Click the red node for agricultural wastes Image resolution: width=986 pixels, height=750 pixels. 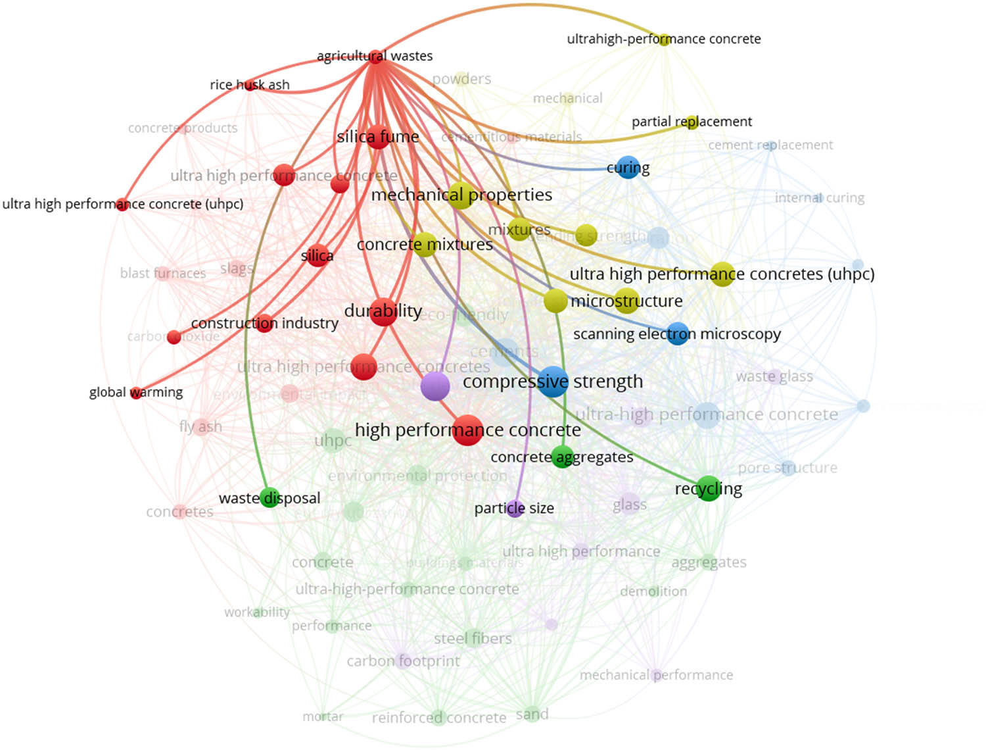tap(375, 57)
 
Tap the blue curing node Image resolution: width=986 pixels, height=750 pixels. tap(628, 168)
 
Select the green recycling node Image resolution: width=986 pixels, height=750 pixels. tap(708, 489)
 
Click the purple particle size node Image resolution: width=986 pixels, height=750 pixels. tap(515, 509)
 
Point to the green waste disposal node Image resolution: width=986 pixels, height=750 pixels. tap(270, 497)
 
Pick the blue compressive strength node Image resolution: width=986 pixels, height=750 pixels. tap(553, 382)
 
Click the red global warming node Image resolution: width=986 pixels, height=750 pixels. tap(136, 393)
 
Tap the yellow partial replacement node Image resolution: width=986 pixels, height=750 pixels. tap(692, 122)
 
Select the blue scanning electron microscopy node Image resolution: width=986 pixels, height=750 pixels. tap(678, 334)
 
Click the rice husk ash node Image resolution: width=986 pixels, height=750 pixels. tap(250, 85)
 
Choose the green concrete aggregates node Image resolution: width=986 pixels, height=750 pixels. tap(562, 457)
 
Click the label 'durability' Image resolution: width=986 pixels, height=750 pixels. tap(383, 311)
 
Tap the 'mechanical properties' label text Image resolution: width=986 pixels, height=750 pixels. tap(461, 195)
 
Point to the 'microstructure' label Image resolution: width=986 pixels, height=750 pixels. tap(626, 301)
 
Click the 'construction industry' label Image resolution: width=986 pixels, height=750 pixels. tap(265, 323)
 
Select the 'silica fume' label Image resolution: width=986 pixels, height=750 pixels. tap(378, 137)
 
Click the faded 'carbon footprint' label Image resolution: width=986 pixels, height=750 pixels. tap(403, 661)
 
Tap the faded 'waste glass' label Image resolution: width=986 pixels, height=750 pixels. tap(774, 376)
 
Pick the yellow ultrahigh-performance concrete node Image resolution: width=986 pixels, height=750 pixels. tap(664, 39)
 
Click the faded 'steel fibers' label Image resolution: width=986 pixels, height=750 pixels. tap(473, 638)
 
